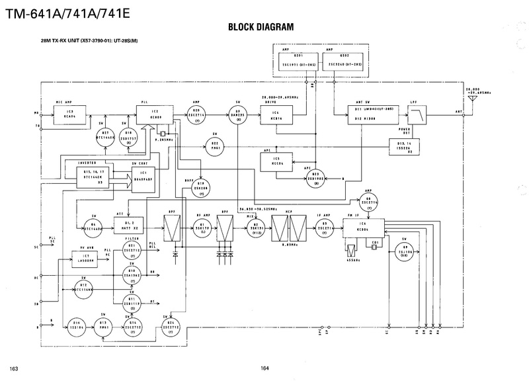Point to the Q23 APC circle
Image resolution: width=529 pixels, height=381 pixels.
[x=317, y=179]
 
